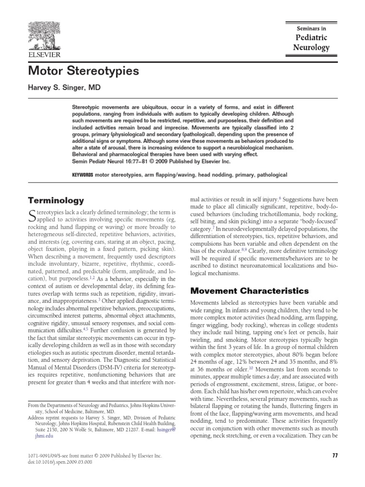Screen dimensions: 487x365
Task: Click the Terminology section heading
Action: point(56,200)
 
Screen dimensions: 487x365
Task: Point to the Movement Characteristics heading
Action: point(250,291)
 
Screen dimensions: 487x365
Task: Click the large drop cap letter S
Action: point(32,215)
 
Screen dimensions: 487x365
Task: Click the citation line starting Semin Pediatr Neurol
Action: point(150,162)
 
